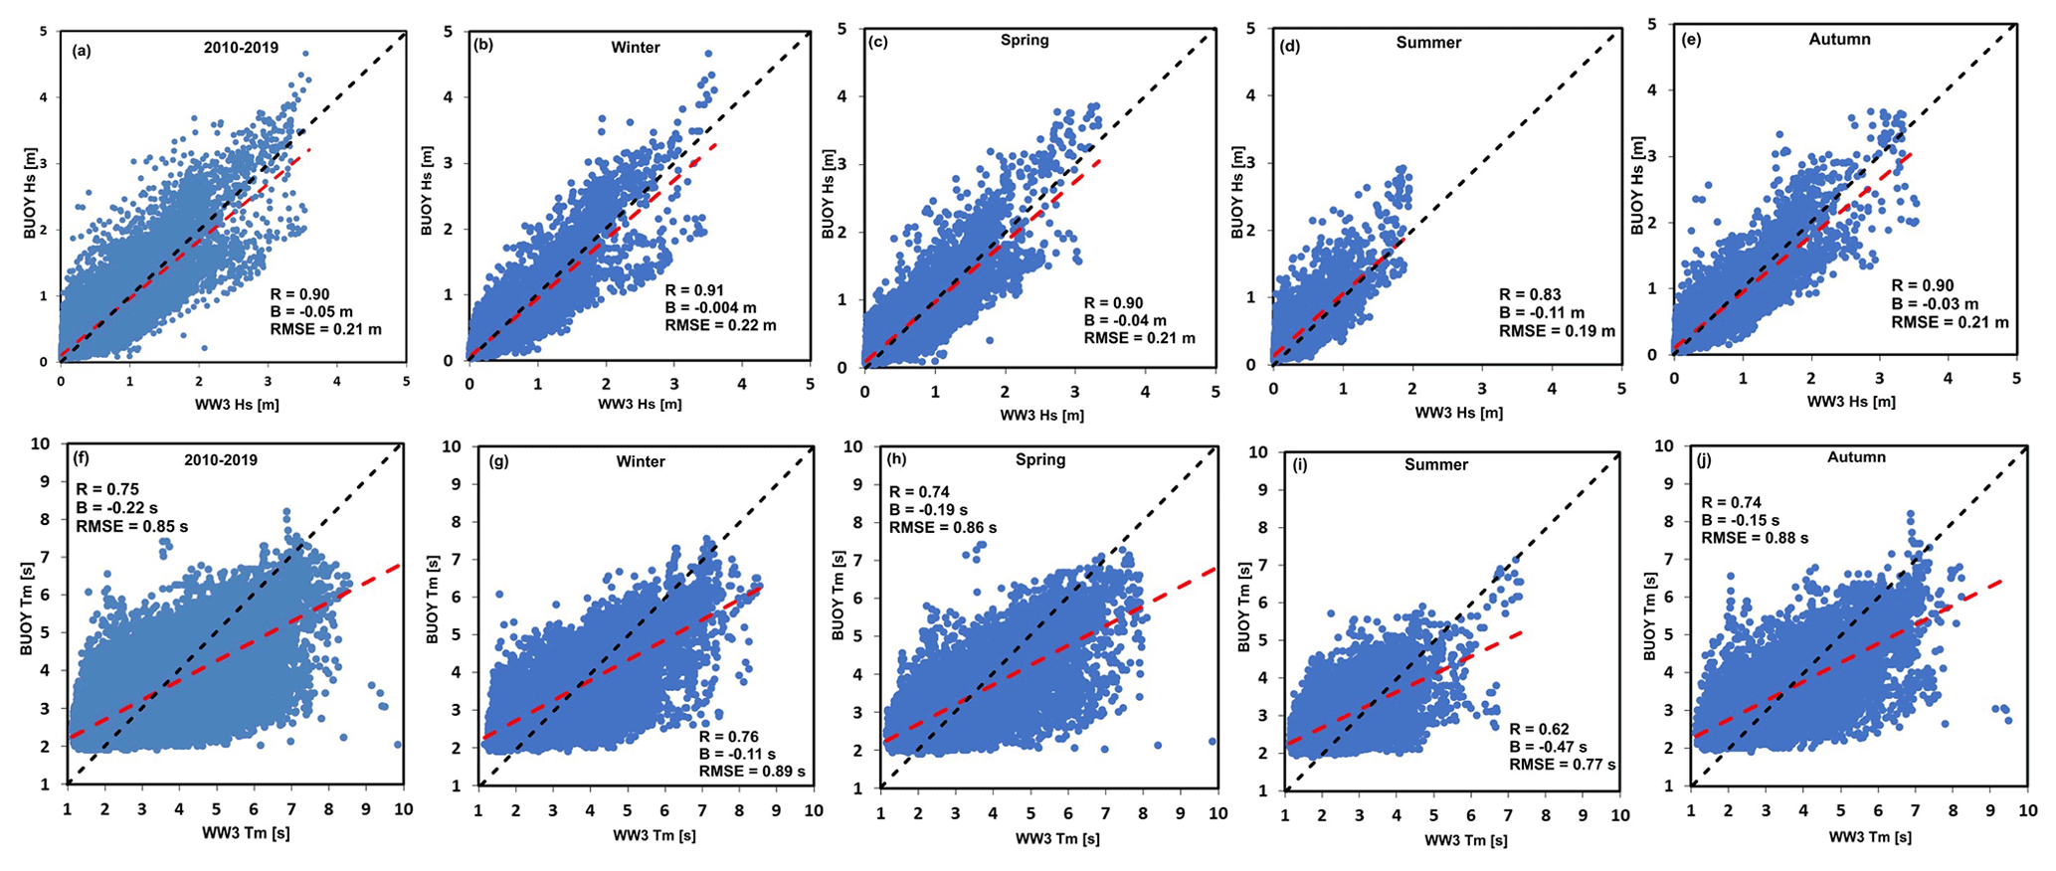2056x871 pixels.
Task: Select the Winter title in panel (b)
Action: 636,47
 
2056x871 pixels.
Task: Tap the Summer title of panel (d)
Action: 1428,43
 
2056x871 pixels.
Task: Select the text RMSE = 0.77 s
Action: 1563,765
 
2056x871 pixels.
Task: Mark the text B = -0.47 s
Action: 1548,747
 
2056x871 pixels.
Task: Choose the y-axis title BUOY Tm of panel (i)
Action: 1243,609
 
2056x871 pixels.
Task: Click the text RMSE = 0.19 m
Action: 1558,330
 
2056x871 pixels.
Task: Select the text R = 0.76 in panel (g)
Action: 728,737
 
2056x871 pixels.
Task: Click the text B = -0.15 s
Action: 1741,520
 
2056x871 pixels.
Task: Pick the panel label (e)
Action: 1691,40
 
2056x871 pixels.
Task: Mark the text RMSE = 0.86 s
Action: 942,527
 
